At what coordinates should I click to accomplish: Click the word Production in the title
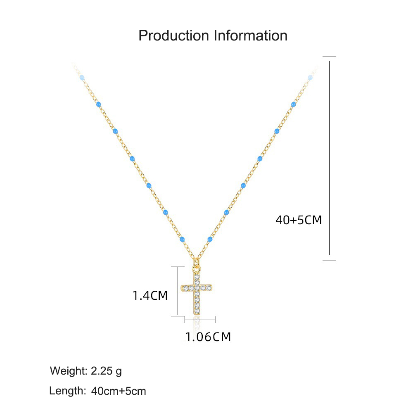[174, 36]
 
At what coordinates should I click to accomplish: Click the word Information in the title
[251, 36]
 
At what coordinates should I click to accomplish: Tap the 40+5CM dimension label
[299, 220]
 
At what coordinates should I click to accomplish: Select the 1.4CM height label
[150, 296]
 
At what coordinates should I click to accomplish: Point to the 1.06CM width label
[208, 337]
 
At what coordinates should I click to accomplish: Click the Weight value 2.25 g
[107, 371]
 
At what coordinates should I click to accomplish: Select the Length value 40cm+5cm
[119, 391]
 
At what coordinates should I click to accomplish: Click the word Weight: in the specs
[69, 371]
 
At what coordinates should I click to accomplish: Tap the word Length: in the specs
[68, 391]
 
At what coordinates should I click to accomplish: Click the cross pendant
[197, 292]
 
